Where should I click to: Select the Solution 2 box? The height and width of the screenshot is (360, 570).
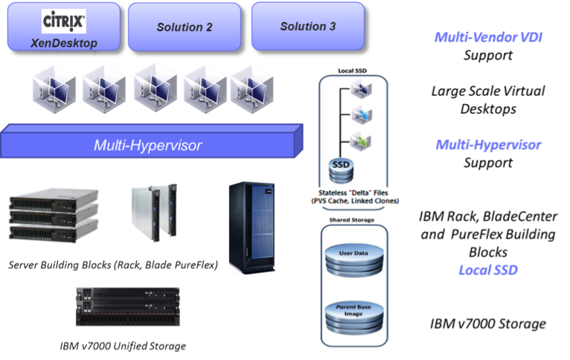184,27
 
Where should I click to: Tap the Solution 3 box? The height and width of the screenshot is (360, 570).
307,26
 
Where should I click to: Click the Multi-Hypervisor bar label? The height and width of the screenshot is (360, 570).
147,145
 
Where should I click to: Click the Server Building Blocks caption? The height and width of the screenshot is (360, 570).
112,266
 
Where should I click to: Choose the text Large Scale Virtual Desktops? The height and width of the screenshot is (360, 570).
487,99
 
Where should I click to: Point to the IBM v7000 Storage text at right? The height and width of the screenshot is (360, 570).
487,324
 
